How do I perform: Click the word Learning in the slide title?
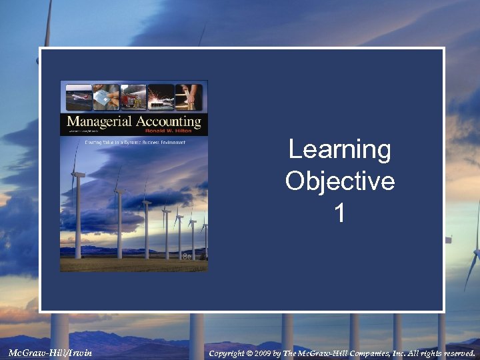[340, 149]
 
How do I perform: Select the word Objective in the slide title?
[340, 181]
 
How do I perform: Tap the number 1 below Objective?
[340, 213]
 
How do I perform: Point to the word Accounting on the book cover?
[163, 122]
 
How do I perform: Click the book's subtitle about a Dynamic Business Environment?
[134, 141]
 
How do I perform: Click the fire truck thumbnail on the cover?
[133, 97]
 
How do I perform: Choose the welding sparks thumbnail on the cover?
[161, 97]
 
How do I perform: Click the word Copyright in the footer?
[227, 353]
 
